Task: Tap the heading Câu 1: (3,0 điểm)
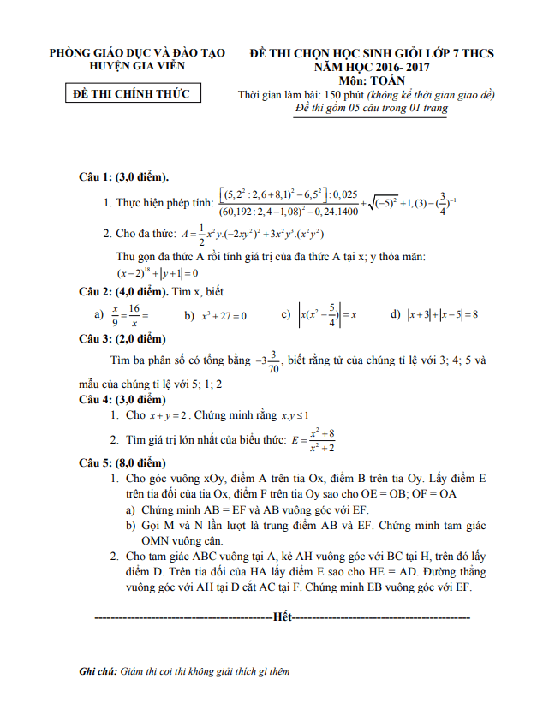click(x=123, y=177)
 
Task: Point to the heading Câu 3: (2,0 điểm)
click(x=121, y=339)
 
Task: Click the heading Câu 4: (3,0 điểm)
click(x=121, y=400)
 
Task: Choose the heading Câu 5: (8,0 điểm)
click(x=121, y=463)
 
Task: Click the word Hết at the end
click(x=281, y=617)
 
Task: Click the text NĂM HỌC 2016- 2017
click(x=371, y=66)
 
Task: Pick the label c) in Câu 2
click(x=286, y=314)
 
